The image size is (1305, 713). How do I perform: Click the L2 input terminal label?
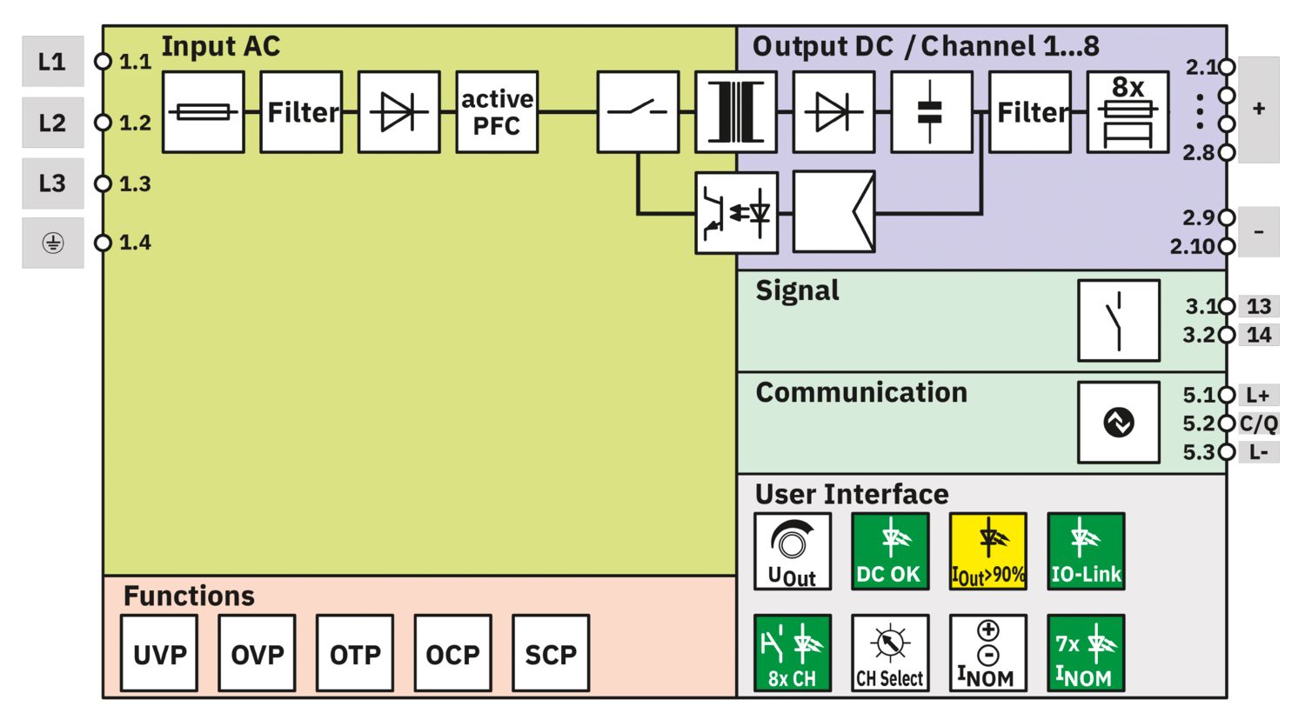click(x=52, y=123)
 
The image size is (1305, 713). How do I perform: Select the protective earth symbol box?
click(x=52, y=243)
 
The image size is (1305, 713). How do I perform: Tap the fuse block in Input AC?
click(x=204, y=112)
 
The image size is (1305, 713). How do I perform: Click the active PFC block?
click(x=497, y=112)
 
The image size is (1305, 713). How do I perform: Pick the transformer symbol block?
click(x=735, y=112)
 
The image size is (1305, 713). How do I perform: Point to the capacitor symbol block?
click(x=931, y=112)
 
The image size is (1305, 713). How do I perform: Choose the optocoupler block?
click(x=736, y=213)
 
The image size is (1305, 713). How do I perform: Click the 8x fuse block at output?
click(x=1128, y=112)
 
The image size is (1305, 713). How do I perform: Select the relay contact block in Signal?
click(x=1118, y=320)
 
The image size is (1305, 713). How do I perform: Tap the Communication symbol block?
click(x=1118, y=422)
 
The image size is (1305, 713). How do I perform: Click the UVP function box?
click(x=159, y=653)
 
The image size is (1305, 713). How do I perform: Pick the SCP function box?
click(x=551, y=653)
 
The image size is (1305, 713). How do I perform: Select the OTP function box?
click(x=355, y=653)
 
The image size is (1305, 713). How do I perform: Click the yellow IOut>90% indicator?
click(x=987, y=551)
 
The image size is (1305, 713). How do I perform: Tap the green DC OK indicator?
click(x=889, y=551)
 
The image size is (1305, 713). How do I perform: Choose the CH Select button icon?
click(x=889, y=653)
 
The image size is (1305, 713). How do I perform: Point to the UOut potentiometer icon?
click(x=792, y=551)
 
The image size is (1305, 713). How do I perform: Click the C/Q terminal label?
click(x=1258, y=423)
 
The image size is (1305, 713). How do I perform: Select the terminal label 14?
click(x=1258, y=335)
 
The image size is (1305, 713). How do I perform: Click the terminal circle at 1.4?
click(x=104, y=243)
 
